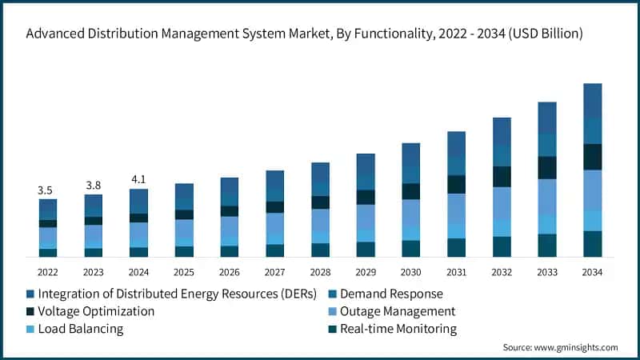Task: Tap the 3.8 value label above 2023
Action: (94, 185)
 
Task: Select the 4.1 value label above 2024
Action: (138, 179)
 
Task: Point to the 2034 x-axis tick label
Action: (592, 272)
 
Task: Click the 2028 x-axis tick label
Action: (320, 272)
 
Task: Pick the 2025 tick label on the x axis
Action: (184, 272)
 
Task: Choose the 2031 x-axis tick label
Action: (456, 272)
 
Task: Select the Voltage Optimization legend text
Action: (96, 311)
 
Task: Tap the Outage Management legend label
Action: (398, 311)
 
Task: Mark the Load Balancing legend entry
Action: (80, 329)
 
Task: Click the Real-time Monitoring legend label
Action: (398, 329)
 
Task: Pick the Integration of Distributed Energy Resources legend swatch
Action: (30, 293)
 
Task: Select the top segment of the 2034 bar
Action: (592, 101)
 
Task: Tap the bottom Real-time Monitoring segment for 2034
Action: (592, 244)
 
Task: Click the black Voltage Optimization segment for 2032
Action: (502, 176)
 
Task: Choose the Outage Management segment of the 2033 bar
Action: (547, 197)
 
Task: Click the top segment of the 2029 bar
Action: (366, 165)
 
